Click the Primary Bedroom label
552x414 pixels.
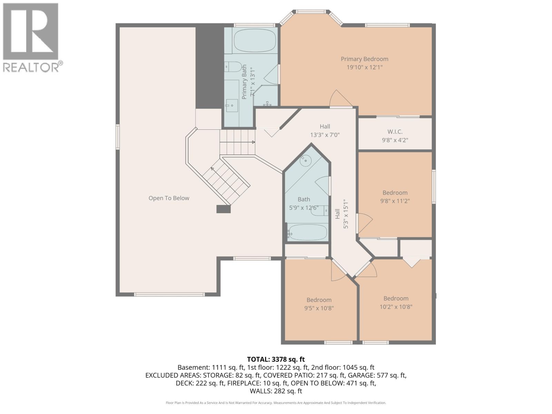tap(364, 59)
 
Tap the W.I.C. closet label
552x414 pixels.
tap(395, 132)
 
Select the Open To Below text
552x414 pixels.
tap(169, 198)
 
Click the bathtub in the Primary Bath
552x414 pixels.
tap(255, 40)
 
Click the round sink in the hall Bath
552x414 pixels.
tap(306, 160)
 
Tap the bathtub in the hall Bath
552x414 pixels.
tap(307, 232)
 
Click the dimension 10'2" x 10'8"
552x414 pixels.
tap(396, 307)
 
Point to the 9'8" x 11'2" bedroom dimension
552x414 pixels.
tap(395, 201)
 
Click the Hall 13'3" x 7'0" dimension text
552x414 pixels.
tap(325, 135)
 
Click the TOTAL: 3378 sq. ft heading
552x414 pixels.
tap(276, 359)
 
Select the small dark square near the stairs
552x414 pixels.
tap(223, 209)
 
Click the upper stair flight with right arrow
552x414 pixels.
tap(238, 142)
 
